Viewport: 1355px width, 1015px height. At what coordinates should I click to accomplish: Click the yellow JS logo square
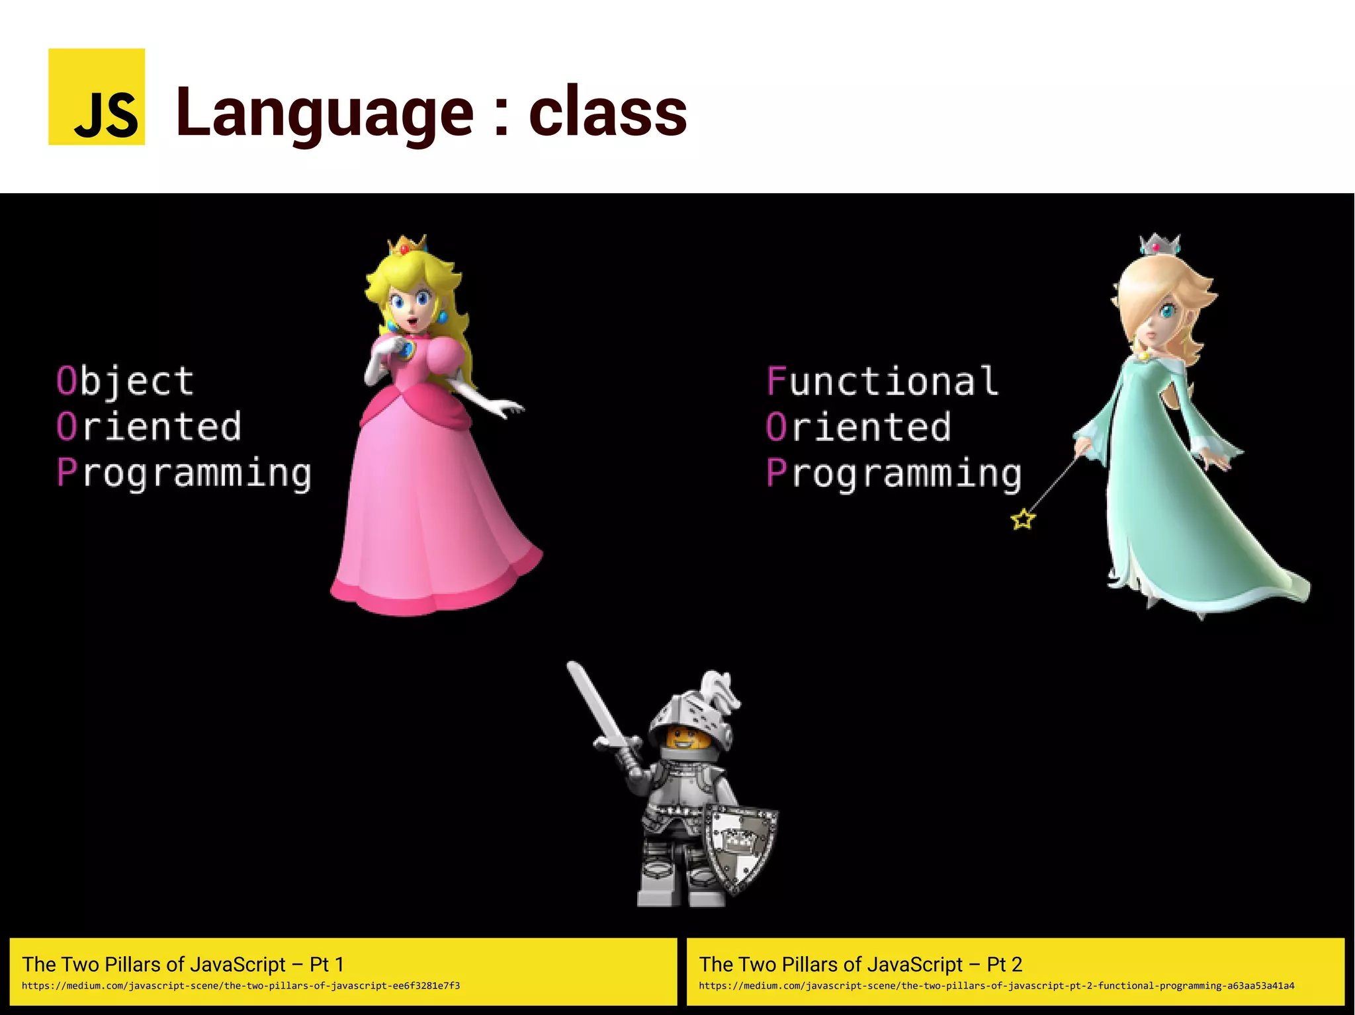(97, 97)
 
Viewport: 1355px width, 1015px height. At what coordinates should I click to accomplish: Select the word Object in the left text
(126, 382)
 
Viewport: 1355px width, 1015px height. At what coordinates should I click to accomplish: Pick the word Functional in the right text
(882, 382)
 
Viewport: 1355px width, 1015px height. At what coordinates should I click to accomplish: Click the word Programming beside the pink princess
(184, 473)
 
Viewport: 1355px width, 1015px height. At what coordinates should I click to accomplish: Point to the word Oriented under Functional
(859, 427)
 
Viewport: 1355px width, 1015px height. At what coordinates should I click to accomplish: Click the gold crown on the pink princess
(406, 245)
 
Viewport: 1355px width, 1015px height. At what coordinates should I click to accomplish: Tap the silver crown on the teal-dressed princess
(1160, 245)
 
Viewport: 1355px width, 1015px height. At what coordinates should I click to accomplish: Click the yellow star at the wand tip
(1023, 520)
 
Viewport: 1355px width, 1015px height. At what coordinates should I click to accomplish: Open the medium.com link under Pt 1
(241, 986)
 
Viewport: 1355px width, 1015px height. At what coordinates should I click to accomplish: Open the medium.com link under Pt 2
(996, 986)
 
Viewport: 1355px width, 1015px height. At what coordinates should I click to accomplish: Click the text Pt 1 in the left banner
(327, 964)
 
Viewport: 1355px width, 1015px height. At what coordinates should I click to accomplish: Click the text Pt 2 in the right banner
(1004, 964)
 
